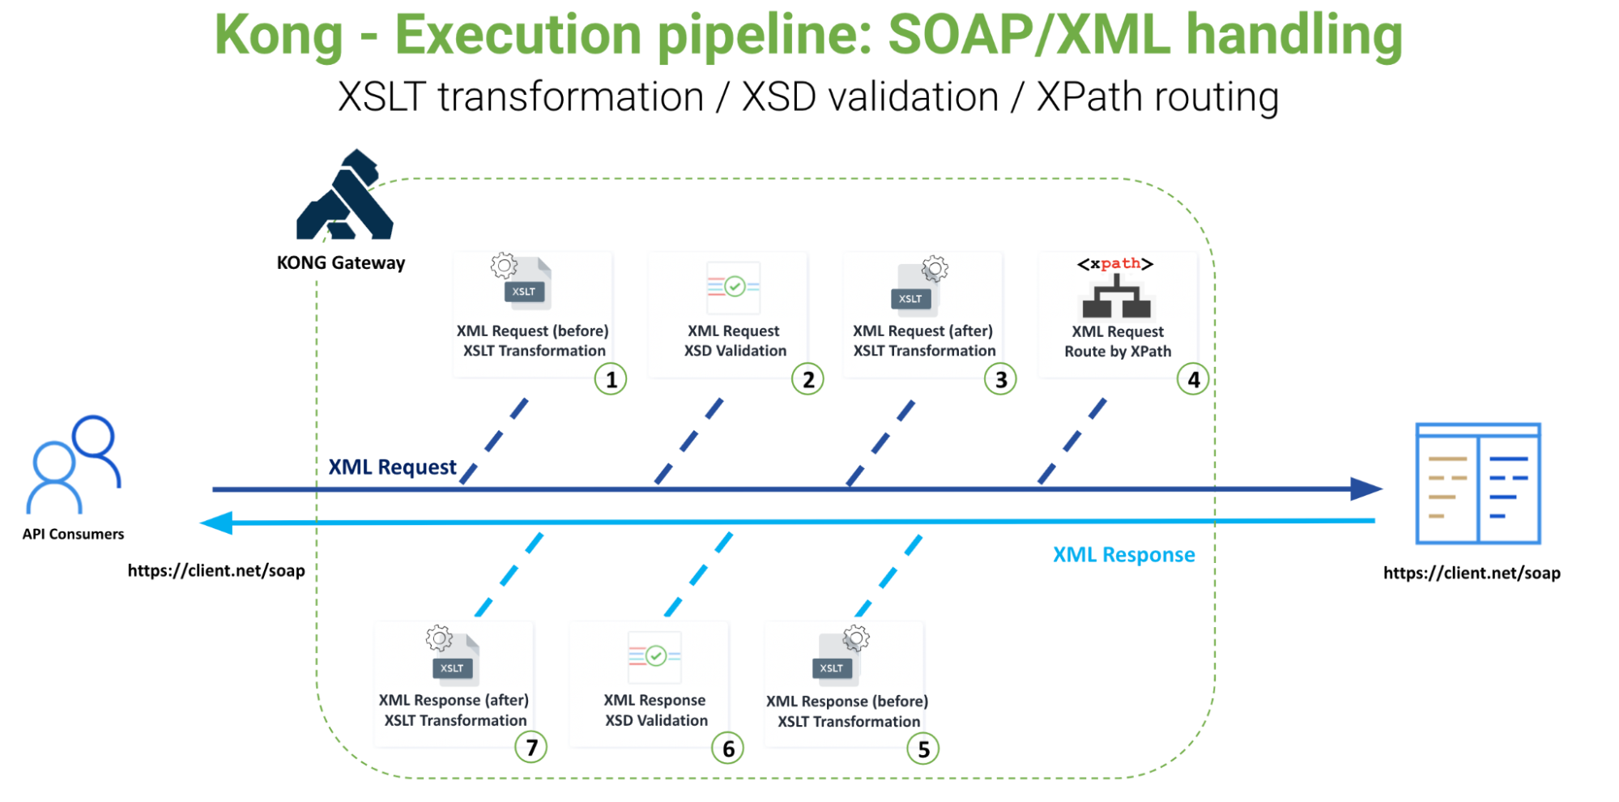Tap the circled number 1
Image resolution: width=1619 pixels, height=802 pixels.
coord(611,379)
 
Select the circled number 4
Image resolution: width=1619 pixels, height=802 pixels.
coord(1192,379)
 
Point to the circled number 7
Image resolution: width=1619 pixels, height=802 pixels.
coord(531,747)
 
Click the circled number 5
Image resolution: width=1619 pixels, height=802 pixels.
coord(922,749)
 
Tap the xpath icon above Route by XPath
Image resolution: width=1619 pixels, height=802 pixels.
coord(1116,288)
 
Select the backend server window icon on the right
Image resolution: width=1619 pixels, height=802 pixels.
coord(1477,484)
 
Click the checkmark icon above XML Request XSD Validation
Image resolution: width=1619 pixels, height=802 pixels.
coord(733,287)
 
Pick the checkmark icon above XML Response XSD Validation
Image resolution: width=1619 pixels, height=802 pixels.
coord(654,656)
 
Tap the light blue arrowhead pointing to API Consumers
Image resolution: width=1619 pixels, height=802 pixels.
coord(216,523)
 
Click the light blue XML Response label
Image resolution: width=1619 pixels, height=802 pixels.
coord(1123,555)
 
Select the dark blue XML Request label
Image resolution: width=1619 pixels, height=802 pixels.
coord(392,467)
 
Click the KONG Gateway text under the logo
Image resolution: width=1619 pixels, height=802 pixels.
coord(340,263)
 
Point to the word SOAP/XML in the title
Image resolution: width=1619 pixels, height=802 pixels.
coord(1029,36)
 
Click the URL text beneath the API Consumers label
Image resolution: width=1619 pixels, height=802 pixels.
coord(216,571)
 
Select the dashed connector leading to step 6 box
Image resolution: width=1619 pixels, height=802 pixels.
coord(698,574)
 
